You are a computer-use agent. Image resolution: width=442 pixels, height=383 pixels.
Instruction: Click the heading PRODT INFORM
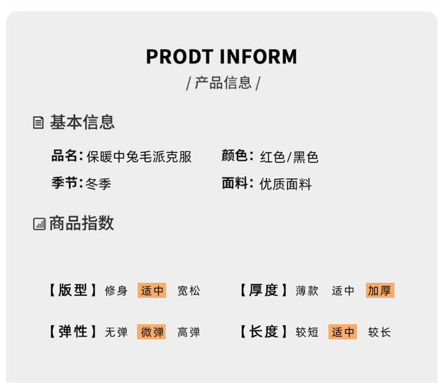tap(221, 57)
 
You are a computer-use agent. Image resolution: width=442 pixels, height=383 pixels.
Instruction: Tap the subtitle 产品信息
tap(223, 83)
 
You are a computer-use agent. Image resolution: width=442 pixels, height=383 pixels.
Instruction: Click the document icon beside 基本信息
tap(38, 123)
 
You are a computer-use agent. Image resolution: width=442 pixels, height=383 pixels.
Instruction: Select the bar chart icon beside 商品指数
tap(39, 224)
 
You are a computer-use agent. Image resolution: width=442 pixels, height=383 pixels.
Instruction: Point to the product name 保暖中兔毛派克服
tap(139, 157)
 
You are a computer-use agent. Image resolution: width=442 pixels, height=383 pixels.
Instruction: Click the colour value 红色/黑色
tap(289, 157)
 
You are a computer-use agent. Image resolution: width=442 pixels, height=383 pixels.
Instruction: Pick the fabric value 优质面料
tap(285, 184)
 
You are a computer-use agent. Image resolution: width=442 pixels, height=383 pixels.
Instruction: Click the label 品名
tap(65, 156)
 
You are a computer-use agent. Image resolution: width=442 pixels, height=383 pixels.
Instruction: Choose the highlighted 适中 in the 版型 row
tap(152, 290)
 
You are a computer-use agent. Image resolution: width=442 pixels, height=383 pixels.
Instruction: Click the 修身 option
tap(116, 290)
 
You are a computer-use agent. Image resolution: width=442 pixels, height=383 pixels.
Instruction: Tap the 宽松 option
tap(189, 290)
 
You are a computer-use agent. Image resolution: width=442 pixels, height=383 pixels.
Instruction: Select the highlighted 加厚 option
tap(380, 290)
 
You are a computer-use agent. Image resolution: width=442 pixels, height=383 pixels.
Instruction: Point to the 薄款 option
tap(307, 290)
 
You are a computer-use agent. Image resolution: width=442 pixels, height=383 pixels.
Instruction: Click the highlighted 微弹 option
tap(152, 332)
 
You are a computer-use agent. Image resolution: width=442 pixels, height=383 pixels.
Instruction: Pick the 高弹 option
tap(189, 332)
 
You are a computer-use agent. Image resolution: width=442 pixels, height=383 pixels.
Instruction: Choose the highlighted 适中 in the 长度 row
tap(343, 332)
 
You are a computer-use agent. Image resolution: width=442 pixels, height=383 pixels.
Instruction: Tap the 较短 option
tap(307, 332)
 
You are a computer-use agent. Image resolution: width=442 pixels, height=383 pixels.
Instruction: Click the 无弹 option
tap(116, 332)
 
